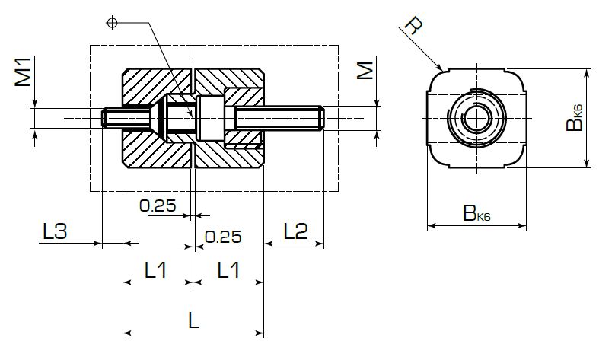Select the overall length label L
coord(193,320)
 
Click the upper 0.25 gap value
coord(158,205)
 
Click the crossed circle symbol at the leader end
coord(113,24)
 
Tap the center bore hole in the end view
coord(476,116)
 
